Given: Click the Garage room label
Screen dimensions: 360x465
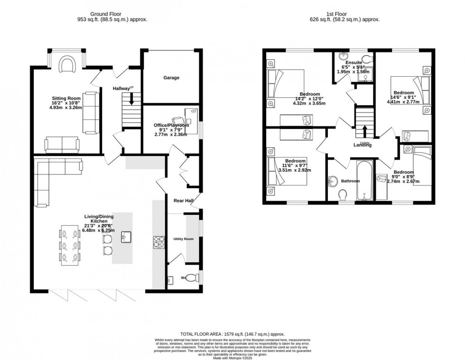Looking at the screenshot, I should tap(171, 78).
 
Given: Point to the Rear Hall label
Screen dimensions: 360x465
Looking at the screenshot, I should tap(183, 201).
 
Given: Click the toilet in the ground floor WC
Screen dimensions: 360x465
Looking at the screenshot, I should tap(191, 278).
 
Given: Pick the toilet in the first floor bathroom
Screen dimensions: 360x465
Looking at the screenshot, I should tap(342, 196).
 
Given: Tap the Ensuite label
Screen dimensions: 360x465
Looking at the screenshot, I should tap(353, 63).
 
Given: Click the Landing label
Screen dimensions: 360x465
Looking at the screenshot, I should tap(362, 145).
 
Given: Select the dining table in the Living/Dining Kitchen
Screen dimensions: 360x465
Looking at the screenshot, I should tap(70, 245).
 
